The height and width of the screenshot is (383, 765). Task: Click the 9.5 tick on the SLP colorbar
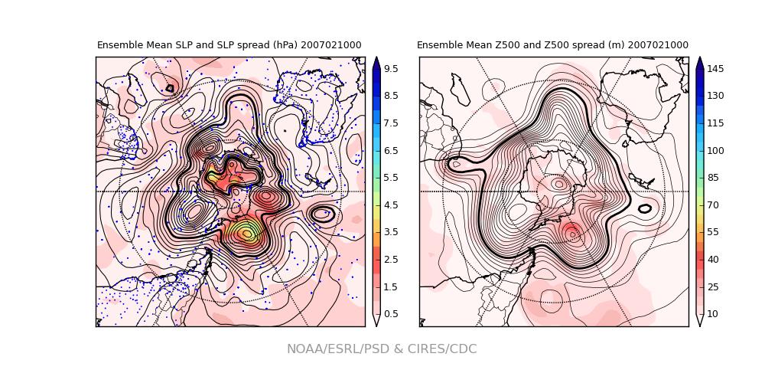click(x=390, y=69)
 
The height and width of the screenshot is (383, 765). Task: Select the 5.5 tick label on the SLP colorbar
click(x=390, y=178)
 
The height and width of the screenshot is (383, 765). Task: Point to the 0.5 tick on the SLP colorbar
click(x=390, y=314)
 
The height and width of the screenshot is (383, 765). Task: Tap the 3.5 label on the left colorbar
click(x=390, y=232)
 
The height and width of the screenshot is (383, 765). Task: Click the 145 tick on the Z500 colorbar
click(x=715, y=69)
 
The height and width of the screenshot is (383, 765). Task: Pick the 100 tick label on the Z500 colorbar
click(x=715, y=150)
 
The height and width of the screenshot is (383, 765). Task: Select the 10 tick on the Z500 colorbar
click(x=712, y=314)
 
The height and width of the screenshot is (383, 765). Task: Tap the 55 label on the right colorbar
click(x=712, y=232)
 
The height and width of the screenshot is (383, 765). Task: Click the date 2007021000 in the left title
click(x=331, y=46)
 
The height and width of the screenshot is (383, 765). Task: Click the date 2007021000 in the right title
click(x=658, y=46)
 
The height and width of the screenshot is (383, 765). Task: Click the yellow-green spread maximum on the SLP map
click(x=246, y=232)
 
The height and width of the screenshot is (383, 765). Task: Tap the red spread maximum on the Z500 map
click(x=571, y=232)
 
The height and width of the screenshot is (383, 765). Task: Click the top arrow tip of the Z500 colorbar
click(x=700, y=58)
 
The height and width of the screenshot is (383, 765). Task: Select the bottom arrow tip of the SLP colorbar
click(x=376, y=325)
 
